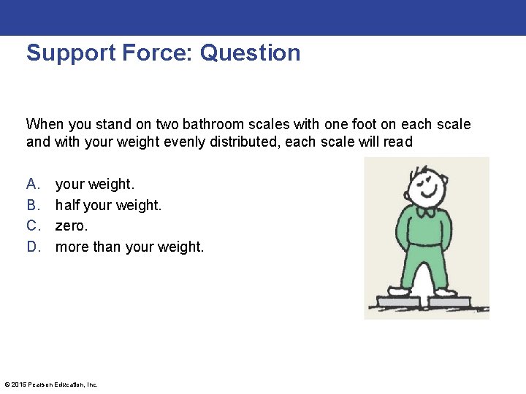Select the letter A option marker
[x=32, y=185]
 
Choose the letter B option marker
[x=32, y=206]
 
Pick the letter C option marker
[x=32, y=226]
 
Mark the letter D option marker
[x=32, y=247]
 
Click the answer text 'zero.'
[x=72, y=226]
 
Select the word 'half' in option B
[x=67, y=206]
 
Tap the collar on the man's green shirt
[x=425, y=212]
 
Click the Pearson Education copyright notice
[x=51, y=385]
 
